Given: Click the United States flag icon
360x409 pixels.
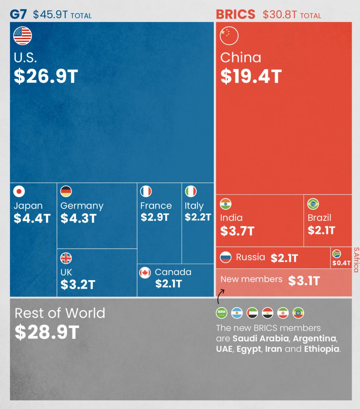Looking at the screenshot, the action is (x=22, y=36).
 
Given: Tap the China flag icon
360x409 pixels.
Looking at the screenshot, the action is (x=229, y=36).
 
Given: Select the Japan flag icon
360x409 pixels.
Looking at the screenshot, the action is (x=19, y=191).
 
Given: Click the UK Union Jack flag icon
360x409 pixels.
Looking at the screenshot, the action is (x=66, y=258).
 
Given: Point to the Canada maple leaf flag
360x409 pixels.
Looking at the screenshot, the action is (x=145, y=273).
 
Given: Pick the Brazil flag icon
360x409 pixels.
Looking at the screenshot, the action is (x=313, y=204).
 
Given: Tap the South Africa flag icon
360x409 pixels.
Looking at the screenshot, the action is (x=337, y=254).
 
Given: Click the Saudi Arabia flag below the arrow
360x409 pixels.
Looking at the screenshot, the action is (x=221, y=313).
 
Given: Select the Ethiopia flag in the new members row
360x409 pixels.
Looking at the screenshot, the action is (x=298, y=313).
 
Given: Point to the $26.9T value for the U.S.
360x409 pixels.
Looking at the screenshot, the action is (x=46, y=77).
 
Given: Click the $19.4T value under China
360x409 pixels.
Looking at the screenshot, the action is (x=251, y=77).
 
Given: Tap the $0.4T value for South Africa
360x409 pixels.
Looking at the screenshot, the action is (x=342, y=263).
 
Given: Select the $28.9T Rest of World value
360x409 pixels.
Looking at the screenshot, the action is (x=47, y=332).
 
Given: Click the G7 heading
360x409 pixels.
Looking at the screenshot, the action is (x=18, y=14).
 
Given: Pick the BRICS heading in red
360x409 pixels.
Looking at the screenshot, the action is (x=236, y=14).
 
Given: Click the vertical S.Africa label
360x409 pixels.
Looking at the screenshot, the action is (x=356, y=260).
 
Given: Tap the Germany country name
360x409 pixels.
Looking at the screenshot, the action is (x=82, y=206).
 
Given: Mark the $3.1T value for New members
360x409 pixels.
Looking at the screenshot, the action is (x=304, y=281).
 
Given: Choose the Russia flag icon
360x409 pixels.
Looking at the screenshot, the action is (x=226, y=257).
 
